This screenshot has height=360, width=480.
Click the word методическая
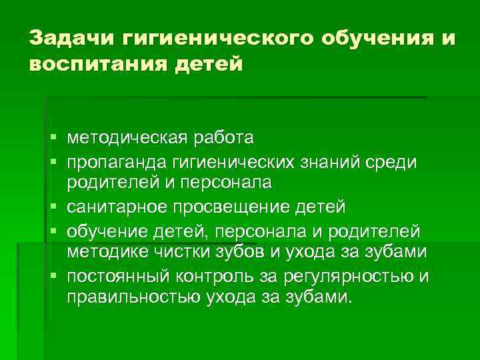click(125, 139)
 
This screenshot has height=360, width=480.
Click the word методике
click(105, 252)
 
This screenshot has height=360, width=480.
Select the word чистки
click(175, 252)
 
